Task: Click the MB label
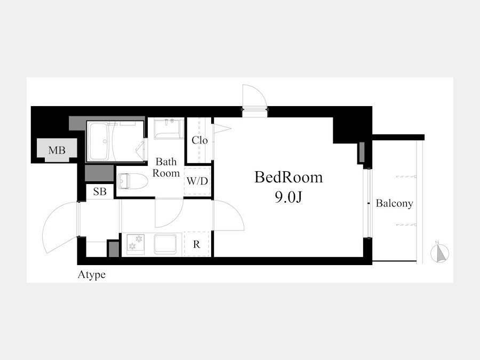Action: point(57,150)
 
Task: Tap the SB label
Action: point(100,191)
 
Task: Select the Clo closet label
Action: point(199,140)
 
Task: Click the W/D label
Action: point(197,181)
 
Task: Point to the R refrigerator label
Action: point(196,244)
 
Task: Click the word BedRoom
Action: point(289,177)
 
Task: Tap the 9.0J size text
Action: point(289,197)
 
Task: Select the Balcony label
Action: point(394,203)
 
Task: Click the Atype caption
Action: point(92,275)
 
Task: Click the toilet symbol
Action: point(132,181)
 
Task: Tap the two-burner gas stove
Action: point(135,244)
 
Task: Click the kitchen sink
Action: point(165,244)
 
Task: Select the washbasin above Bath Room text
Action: point(169,129)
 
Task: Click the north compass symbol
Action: point(439,253)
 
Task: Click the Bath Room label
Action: point(166,167)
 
